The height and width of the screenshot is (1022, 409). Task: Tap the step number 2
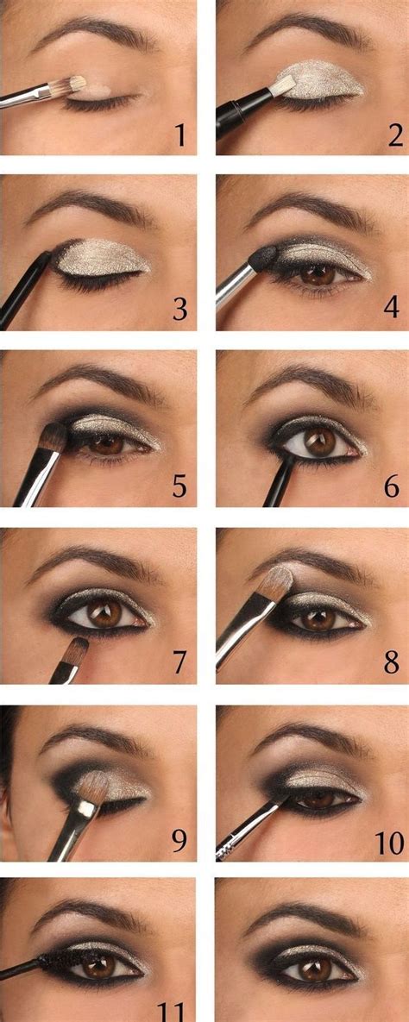click(394, 135)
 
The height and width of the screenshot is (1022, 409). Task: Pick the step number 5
click(179, 487)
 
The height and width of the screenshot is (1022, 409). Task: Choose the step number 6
click(393, 487)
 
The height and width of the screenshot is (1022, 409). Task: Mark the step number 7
click(179, 663)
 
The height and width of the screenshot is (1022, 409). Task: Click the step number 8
click(393, 663)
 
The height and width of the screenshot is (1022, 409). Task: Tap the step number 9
click(179, 839)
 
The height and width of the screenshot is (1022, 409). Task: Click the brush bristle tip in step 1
click(77, 84)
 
